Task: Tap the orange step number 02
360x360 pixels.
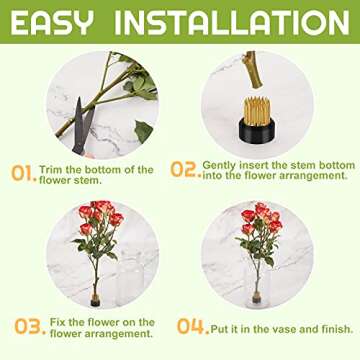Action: click(184, 169)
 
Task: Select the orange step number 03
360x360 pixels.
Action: click(27, 326)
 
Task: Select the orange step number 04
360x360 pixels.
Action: click(190, 326)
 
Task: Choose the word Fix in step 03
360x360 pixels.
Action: click(55, 322)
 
